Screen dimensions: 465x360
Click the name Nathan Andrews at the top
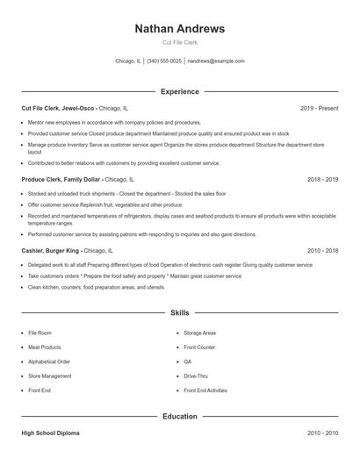tap(179, 28)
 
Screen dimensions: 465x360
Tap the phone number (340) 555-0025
tap(164, 61)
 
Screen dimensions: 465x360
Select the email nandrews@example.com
tap(216, 61)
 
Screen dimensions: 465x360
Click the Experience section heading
tap(179, 91)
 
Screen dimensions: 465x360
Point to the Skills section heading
tap(179, 312)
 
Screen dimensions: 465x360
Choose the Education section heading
tap(179, 416)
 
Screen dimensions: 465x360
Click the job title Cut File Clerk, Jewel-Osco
tap(58, 108)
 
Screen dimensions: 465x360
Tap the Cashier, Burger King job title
tap(51, 250)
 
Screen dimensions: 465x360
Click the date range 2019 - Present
tap(319, 108)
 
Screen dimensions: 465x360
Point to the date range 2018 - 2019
tap(322, 178)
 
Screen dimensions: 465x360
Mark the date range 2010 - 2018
tap(322, 250)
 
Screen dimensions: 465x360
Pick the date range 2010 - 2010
tap(322, 433)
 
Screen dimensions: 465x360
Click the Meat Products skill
tap(45, 347)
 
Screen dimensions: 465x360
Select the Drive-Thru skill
tap(196, 376)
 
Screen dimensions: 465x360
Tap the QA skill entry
tap(188, 361)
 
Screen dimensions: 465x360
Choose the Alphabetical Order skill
tap(49, 361)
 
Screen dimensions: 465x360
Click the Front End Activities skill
tap(205, 390)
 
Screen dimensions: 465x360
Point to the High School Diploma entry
tap(51, 433)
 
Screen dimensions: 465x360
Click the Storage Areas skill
tap(199, 333)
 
